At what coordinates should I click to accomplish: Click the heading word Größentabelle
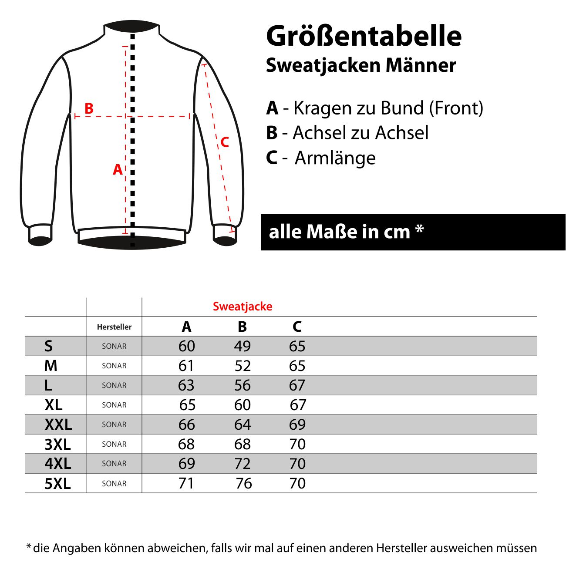pos(364,37)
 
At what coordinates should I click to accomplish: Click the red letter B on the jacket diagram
pos(89,108)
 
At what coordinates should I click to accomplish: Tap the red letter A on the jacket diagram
pos(118,169)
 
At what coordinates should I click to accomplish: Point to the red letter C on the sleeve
pos(225,142)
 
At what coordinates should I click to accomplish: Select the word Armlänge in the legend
pos(335,158)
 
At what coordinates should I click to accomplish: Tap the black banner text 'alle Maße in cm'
pos(340,232)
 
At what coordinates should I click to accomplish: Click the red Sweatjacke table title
pos(243,307)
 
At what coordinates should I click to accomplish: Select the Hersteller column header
pos(114,327)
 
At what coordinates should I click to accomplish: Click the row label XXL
pos(58,424)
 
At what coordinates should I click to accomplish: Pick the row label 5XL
pos(57,484)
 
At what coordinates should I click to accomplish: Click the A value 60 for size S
pos(186,346)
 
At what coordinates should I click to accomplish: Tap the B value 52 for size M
pos(243,366)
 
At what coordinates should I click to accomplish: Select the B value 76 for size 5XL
pos(244,483)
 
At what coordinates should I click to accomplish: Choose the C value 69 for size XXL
pos(297,424)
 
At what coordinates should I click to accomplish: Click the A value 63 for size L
pos(186,385)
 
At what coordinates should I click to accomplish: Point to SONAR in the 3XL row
pos(114,444)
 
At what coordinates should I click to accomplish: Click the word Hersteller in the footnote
pos(402,548)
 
